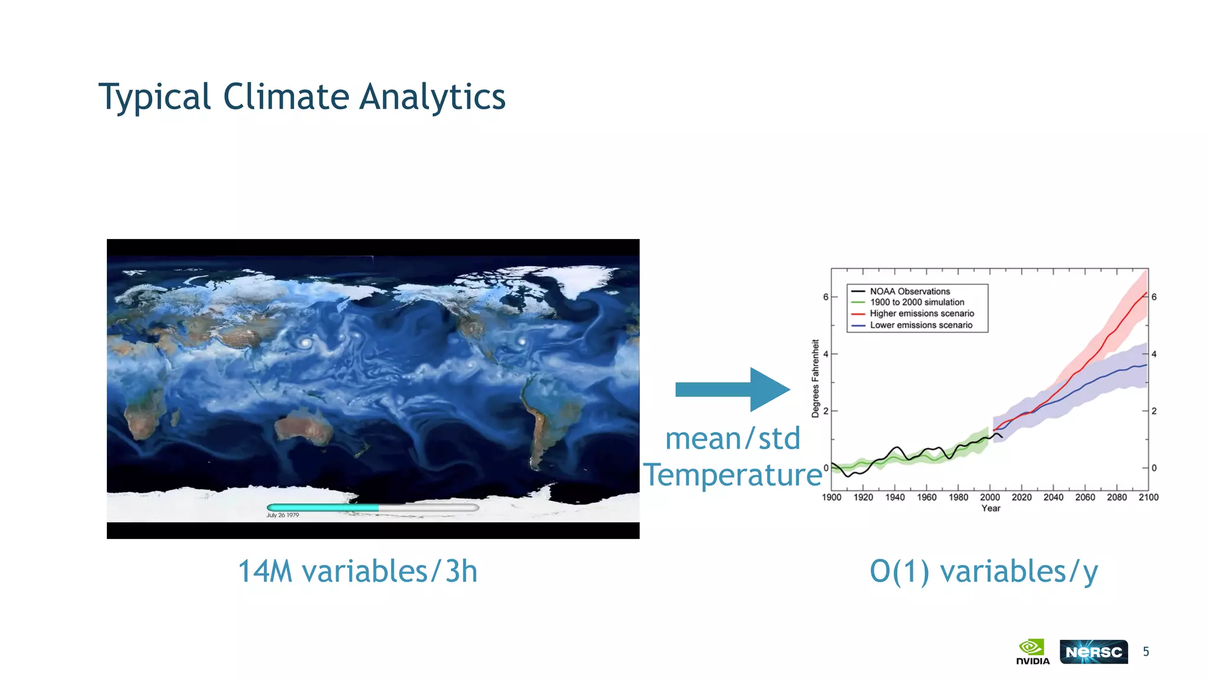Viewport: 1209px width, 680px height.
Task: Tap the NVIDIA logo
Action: [1032, 651]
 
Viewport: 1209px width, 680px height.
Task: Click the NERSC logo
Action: [1093, 652]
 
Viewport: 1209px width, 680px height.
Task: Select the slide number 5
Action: [1146, 652]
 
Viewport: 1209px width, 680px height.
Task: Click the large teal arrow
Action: [733, 390]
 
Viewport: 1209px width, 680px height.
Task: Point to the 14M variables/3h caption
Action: [357, 571]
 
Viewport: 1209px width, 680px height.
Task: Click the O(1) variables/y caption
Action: [983, 571]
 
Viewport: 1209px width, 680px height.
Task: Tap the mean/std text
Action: [733, 439]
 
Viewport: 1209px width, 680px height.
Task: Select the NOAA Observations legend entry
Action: [909, 292]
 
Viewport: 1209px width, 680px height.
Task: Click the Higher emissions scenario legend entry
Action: [921, 313]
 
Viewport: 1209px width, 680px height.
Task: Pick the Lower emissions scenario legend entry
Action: [920, 325]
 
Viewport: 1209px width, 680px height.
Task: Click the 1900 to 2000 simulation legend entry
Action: [916, 302]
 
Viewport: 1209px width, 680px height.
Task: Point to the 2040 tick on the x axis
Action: [1053, 498]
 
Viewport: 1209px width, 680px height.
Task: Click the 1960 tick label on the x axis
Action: [926, 498]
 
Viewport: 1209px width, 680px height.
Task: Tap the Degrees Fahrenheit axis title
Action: [816, 378]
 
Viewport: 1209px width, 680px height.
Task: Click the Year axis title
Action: [991, 508]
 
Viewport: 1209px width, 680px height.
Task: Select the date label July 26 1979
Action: [283, 515]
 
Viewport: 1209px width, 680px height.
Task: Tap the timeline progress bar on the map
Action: [372, 507]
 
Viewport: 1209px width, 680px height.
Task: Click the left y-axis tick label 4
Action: [826, 354]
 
